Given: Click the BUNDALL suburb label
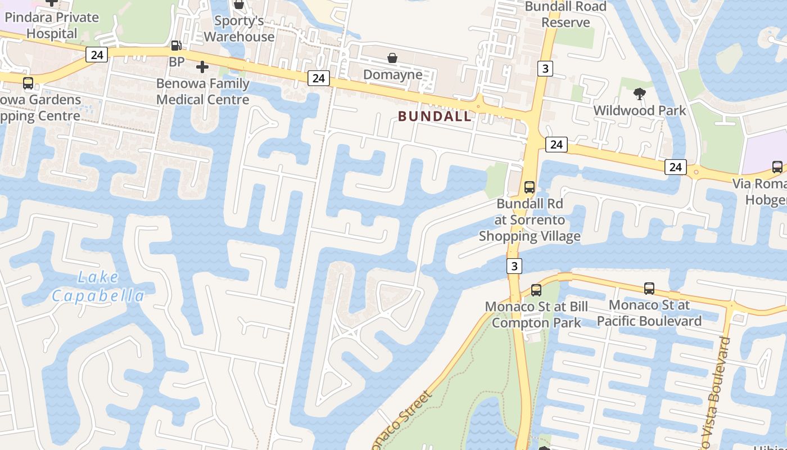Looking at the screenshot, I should click(x=435, y=116).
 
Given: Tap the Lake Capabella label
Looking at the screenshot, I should click(x=98, y=286).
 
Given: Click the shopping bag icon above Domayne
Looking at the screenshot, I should click(x=392, y=58).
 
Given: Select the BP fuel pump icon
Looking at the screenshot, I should click(x=176, y=46).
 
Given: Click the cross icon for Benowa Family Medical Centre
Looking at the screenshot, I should click(x=202, y=67).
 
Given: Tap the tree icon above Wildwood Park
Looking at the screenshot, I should click(x=639, y=93).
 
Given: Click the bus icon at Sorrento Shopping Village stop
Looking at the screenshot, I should click(x=529, y=187).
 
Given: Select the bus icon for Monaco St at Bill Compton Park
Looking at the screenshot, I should click(x=536, y=290).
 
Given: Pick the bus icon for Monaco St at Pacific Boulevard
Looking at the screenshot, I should click(x=649, y=289).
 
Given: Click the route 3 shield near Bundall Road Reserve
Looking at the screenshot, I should click(x=545, y=69).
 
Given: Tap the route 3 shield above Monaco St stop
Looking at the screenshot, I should click(x=514, y=265).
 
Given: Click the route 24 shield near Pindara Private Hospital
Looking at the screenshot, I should click(x=97, y=55).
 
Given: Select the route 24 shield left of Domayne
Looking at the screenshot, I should click(x=318, y=78).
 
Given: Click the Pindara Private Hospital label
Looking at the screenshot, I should click(x=52, y=25).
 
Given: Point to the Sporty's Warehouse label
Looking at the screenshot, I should click(x=239, y=29).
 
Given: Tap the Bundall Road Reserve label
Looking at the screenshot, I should click(x=566, y=15).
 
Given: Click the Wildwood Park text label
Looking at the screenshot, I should click(x=640, y=110).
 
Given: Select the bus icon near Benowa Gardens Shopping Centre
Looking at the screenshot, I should click(x=28, y=83).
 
